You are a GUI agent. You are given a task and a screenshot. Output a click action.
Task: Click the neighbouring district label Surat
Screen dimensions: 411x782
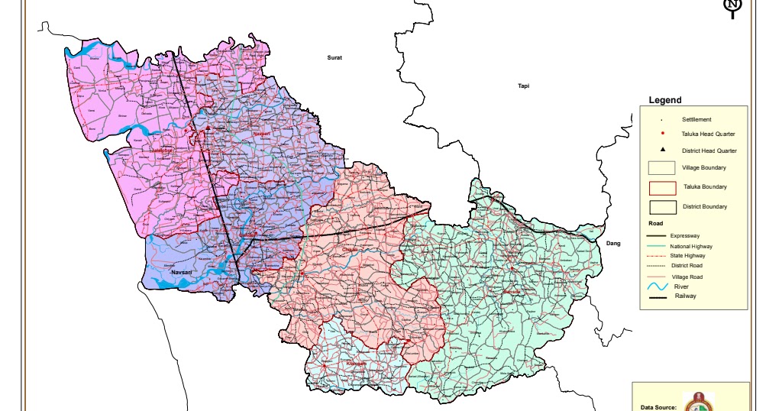[x=334, y=58]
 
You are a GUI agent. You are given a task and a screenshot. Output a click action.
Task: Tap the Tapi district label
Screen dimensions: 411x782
[x=523, y=86]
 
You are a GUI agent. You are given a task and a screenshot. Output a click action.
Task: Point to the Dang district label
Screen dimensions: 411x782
[x=613, y=243]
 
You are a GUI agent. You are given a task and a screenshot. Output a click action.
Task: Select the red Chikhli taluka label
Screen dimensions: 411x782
[x=351, y=249]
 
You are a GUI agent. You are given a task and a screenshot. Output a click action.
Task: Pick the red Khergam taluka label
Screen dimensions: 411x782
[x=357, y=364]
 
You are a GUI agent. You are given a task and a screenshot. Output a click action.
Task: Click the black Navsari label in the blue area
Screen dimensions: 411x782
[x=183, y=273]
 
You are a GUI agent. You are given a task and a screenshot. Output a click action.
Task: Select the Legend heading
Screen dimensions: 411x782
[x=664, y=100]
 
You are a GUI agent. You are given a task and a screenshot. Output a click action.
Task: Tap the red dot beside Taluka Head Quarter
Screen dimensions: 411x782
[x=662, y=134]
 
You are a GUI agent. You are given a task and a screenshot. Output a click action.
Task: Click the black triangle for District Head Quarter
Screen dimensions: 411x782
[x=662, y=150]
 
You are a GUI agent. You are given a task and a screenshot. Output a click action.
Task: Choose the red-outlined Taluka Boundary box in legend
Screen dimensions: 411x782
[x=662, y=188]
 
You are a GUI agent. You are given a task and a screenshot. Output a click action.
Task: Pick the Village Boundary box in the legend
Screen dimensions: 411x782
[x=662, y=168]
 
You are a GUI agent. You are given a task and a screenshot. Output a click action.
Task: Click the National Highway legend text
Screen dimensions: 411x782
[x=691, y=247]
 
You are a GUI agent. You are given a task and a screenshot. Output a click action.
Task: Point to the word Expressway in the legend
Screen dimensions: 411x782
[x=685, y=237]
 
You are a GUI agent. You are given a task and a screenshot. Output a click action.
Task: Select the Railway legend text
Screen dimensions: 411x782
[x=685, y=296]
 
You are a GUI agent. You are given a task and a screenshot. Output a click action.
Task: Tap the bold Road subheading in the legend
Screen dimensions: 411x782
[x=655, y=224]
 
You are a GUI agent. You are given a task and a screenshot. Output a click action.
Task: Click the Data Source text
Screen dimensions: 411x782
[x=658, y=408]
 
